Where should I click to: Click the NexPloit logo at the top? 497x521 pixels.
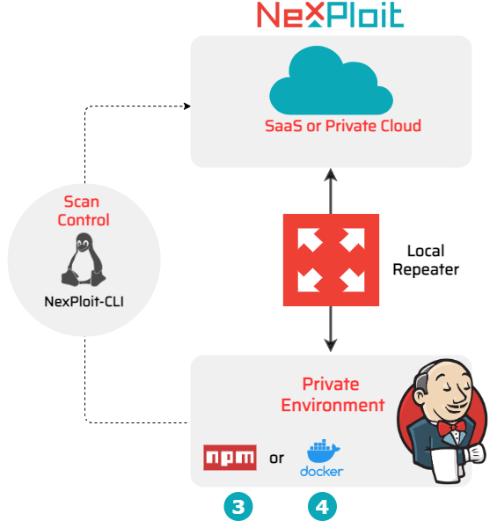pyautogui.click(x=331, y=15)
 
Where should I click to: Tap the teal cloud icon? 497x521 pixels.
pyautogui.click(x=331, y=80)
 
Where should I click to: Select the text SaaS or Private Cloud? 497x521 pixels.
pyautogui.click(x=343, y=126)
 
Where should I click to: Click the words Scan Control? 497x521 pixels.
pyautogui.click(x=83, y=210)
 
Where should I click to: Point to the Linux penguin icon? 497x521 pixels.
pyautogui.click(x=84, y=260)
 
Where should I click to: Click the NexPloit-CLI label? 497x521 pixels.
pyautogui.click(x=84, y=302)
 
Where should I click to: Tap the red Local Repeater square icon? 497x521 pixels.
pyautogui.click(x=331, y=260)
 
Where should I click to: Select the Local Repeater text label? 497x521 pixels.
pyautogui.click(x=426, y=260)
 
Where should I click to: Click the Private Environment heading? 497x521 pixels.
pyautogui.click(x=333, y=395)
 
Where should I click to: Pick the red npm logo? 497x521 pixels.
pyautogui.click(x=230, y=458)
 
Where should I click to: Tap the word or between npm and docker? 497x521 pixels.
pyautogui.click(x=277, y=459)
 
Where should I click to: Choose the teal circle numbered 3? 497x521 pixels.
pyautogui.click(x=238, y=507)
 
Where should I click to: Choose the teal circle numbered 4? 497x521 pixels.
pyautogui.click(x=322, y=507)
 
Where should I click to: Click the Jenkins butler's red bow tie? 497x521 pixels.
pyautogui.click(x=451, y=429)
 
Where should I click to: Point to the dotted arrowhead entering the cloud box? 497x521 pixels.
pyautogui.click(x=187, y=106)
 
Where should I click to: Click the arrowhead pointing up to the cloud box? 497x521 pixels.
pyautogui.click(x=331, y=174)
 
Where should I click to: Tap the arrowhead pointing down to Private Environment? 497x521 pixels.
pyautogui.click(x=331, y=346)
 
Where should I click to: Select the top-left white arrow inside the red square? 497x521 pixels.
pyautogui.click(x=309, y=238)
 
